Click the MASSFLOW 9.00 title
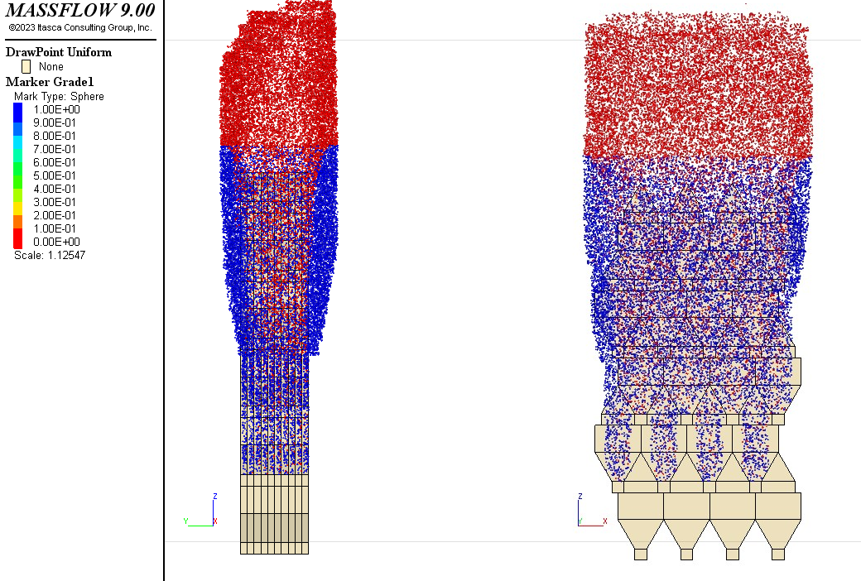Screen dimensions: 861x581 (x=80, y=10)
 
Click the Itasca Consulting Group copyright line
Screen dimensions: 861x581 (x=80, y=27)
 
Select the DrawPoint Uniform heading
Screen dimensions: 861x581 (x=59, y=52)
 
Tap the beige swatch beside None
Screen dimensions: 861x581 (x=26, y=66)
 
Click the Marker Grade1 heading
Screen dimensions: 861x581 (x=50, y=82)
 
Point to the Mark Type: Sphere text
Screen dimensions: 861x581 (x=59, y=96)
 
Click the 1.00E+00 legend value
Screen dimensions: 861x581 (x=56, y=109)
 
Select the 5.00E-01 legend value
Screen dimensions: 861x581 (x=55, y=175)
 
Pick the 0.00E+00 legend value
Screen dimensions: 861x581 (x=56, y=242)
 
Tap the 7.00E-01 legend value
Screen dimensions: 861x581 (x=55, y=149)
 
